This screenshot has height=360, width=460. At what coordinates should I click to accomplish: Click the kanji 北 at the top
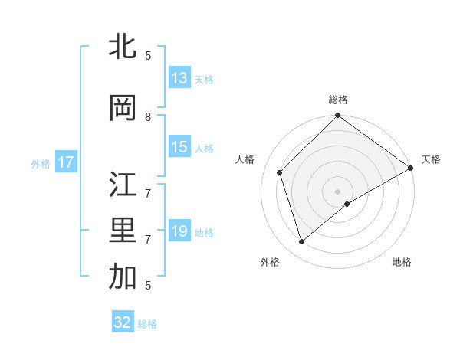coord(123,47)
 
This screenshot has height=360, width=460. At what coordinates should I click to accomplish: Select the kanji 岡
coord(123,108)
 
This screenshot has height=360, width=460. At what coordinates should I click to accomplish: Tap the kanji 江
coord(123,186)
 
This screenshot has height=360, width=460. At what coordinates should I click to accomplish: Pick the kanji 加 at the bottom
coord(123,277)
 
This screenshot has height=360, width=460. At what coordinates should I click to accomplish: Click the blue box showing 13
coord(179,78)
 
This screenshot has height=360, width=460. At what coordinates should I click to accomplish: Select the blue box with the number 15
coord(179,147)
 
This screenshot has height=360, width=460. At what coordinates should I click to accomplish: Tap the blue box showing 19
coord(179,231)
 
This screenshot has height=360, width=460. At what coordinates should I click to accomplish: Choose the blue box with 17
coord(66,162)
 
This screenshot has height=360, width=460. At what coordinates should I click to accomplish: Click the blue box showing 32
coord(123,322)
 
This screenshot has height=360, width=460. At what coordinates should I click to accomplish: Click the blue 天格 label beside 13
coord(203,79)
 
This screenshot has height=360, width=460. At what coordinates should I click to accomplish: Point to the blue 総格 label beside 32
coord(147,323)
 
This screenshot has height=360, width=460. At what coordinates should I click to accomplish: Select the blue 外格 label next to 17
coord(41,163)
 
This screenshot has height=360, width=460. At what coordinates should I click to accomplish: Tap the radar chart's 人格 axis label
coord(245,159)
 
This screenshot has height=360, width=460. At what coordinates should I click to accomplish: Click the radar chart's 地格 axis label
coord(402,262)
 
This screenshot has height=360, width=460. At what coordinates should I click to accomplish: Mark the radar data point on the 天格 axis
coord(411,169)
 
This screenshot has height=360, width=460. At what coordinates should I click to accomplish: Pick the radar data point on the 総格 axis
coord(337,116)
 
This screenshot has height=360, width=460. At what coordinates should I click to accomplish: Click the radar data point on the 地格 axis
coord(347,204)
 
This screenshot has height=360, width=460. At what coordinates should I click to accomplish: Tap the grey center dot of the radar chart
coord(337,191)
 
